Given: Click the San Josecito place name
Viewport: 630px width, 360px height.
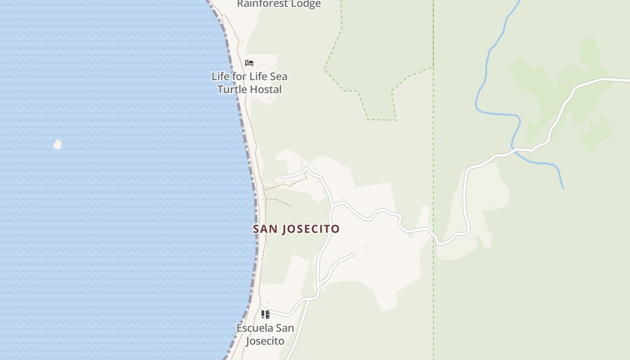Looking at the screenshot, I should coord(296,229).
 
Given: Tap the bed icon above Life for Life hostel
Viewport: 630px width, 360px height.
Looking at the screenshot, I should coord(249,63).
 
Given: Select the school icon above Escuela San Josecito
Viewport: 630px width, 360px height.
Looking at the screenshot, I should coord(265,314).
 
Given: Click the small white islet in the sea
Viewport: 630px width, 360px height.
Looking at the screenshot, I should coord(58,144).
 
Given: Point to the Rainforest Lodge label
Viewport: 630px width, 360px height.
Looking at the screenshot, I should coord(279,4).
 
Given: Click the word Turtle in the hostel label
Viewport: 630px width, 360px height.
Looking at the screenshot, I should coord(232,89).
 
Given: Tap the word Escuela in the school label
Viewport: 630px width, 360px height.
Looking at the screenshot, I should coord(255,328).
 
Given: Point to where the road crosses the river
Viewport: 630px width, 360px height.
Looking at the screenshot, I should coord(514,149).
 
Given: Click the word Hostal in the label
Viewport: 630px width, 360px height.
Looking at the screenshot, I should coord(265,89).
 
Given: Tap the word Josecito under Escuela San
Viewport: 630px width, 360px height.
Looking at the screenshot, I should coord(265,341).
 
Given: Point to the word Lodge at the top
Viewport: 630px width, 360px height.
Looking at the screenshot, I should coord(306,4).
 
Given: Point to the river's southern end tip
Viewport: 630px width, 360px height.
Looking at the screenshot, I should coord(563,188).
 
